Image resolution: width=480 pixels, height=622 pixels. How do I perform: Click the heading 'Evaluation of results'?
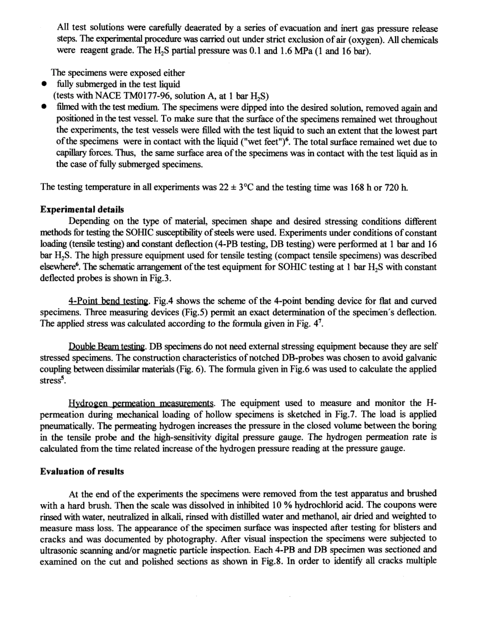click(x=74, y=471)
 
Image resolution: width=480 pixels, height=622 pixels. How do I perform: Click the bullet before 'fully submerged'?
click(x=45, y=84)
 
